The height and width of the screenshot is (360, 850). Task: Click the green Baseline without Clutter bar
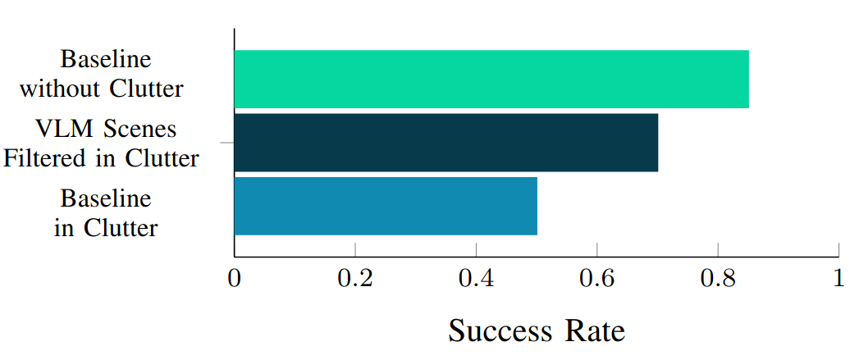pyautogui.click(x=491, y=79)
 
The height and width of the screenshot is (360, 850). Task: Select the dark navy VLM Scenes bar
pyautogui.click(x=446, y=143)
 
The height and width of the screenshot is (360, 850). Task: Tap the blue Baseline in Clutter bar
pyautogui.click(x=386, y=206)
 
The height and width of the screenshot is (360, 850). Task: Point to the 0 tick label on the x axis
pyautogui.click(x=235, y=279)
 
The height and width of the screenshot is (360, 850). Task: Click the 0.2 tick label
pyautogui.click(x=354, y=279)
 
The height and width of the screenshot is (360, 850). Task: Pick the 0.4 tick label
pyautogui.click(x=476, y=279)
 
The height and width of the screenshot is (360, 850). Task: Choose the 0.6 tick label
pyautogui.click(x=596, y=279)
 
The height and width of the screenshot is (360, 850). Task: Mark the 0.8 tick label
pyautogui.click(x=717, y=279)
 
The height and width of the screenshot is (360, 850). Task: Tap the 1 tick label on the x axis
pyautogui.click(x=838, y=279)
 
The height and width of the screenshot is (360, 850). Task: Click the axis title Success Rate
pyautogui.click(x=537, y=331)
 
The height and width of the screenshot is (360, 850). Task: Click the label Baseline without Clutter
pyautogui.click(x=102, y=74)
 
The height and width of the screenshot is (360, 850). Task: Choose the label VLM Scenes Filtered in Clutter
pyautogui.click(x=102, y=144)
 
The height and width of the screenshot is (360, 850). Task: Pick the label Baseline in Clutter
pyautogui.click(x=106, y=213)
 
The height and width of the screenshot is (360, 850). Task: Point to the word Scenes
pyautogui.click(x=135, y=130)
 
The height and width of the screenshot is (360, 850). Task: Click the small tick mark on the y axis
pyautogui.click(x=226, y=143)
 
